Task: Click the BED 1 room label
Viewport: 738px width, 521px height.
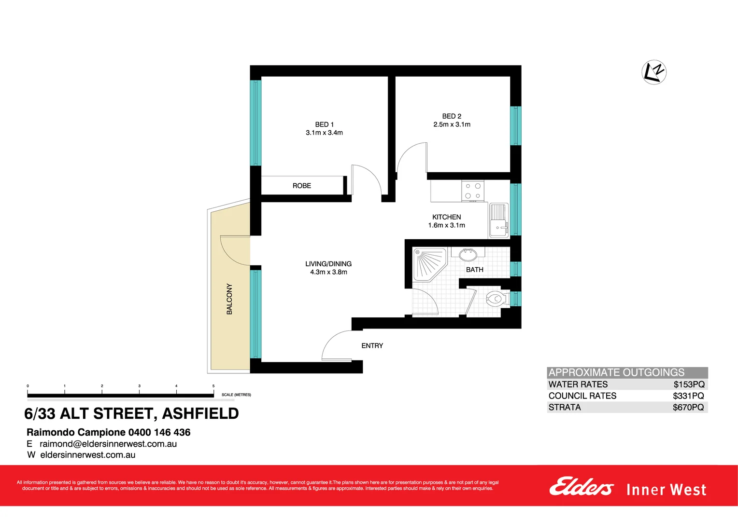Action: click(324, 124)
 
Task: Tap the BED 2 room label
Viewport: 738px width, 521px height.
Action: click(452, 116)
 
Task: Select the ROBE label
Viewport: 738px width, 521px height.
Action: click(302, 186)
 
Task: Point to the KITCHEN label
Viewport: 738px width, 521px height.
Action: click(446, 217)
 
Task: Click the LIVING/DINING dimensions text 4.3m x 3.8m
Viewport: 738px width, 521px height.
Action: click(328, 272)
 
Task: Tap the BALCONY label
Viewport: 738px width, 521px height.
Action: click(229, 299)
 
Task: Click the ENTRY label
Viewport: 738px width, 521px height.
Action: click(372, 346)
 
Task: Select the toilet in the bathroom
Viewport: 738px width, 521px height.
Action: click(495, 299)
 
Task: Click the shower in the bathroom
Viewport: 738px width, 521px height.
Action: click(429, 264)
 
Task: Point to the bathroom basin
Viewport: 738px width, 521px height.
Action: click(468, 253)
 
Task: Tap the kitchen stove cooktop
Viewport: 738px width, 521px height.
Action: click(472, 191)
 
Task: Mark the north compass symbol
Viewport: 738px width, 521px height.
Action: click(654, 72)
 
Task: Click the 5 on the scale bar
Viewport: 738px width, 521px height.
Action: click(213, 386)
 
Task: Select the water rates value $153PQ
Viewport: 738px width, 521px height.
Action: click(689, 384)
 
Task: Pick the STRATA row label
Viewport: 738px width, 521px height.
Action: click(565, 407)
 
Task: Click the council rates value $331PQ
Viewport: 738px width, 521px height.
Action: click(688, 396)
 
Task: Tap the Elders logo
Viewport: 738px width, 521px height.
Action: click(581, 487)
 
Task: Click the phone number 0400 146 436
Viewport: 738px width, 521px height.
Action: click(159, 432)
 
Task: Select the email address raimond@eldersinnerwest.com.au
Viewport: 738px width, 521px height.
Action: click(108, 444)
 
